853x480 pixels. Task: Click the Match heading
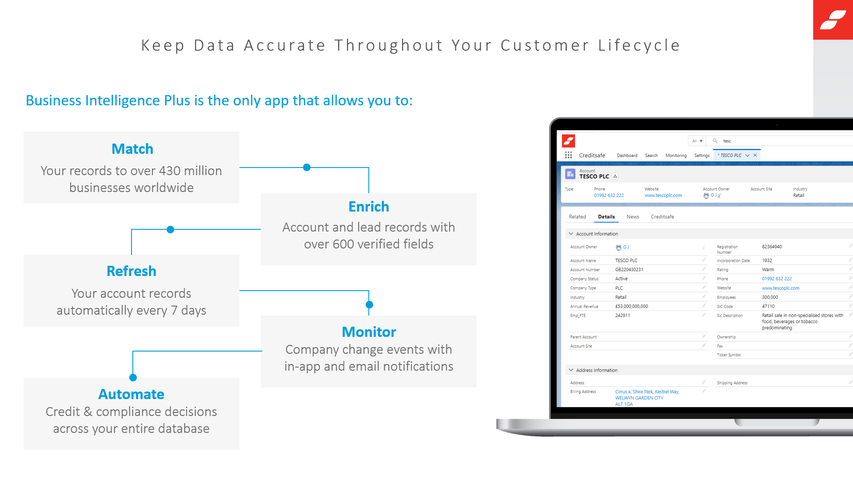click(132, 149)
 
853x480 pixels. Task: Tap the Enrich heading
click(369, 207)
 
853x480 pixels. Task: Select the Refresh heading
click(132, 271)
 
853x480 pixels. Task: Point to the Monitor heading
click(369, 332)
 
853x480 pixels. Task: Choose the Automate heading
click(132, 394)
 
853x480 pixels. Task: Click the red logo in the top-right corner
click(833, 20)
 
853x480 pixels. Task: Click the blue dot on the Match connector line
click(307, 168)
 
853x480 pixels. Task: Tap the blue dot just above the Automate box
click(133, 378)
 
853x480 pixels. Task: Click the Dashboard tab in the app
click(627, 156)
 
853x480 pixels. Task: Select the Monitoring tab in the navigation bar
click(676, 156)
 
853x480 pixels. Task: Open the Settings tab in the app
click(702, 156)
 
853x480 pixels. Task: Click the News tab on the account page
click(633, 217)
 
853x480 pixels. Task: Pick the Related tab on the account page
click(578, 217)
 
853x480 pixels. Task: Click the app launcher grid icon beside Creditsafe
click(568, 155)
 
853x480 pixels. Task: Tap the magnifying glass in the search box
click(715, 141)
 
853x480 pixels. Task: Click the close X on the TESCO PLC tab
click(755, 155)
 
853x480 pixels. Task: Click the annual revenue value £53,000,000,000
click(631, 306)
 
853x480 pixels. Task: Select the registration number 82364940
click(772, 247)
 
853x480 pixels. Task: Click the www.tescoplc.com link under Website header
click(663, 196)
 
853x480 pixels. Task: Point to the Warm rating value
click(768, 270)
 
